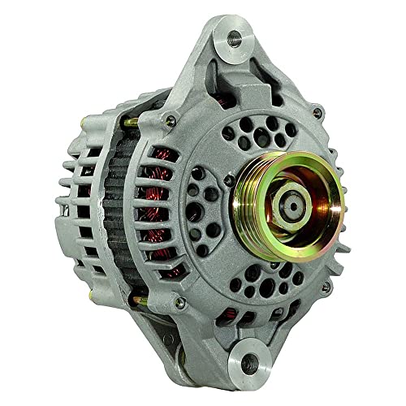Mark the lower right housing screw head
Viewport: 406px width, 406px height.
click(x=325, y=287)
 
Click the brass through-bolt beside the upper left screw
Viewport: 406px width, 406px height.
click(x=130, y=122)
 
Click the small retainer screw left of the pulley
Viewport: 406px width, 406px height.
click(x=230, y=180)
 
